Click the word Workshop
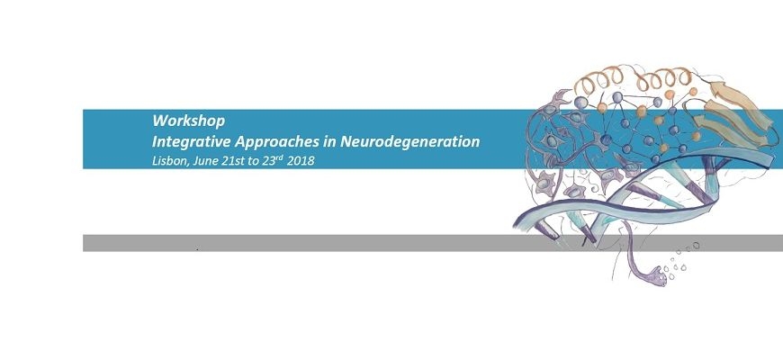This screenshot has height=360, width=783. coord(189,121)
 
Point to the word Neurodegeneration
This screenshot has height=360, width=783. coord(410,142)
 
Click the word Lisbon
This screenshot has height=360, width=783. coord(167,161)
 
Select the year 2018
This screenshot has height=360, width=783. coord(301,161)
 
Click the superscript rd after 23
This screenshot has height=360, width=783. coord(280,157)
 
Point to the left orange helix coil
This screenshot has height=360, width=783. coord(598,81)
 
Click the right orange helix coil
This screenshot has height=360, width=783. coord(663,79)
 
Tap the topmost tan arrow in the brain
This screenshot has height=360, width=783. coord(740,102)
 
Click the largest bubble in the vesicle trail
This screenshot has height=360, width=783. coord(696,245)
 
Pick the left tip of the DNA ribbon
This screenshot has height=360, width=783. coord(514,226)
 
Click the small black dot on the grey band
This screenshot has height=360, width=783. coord(198,248)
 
